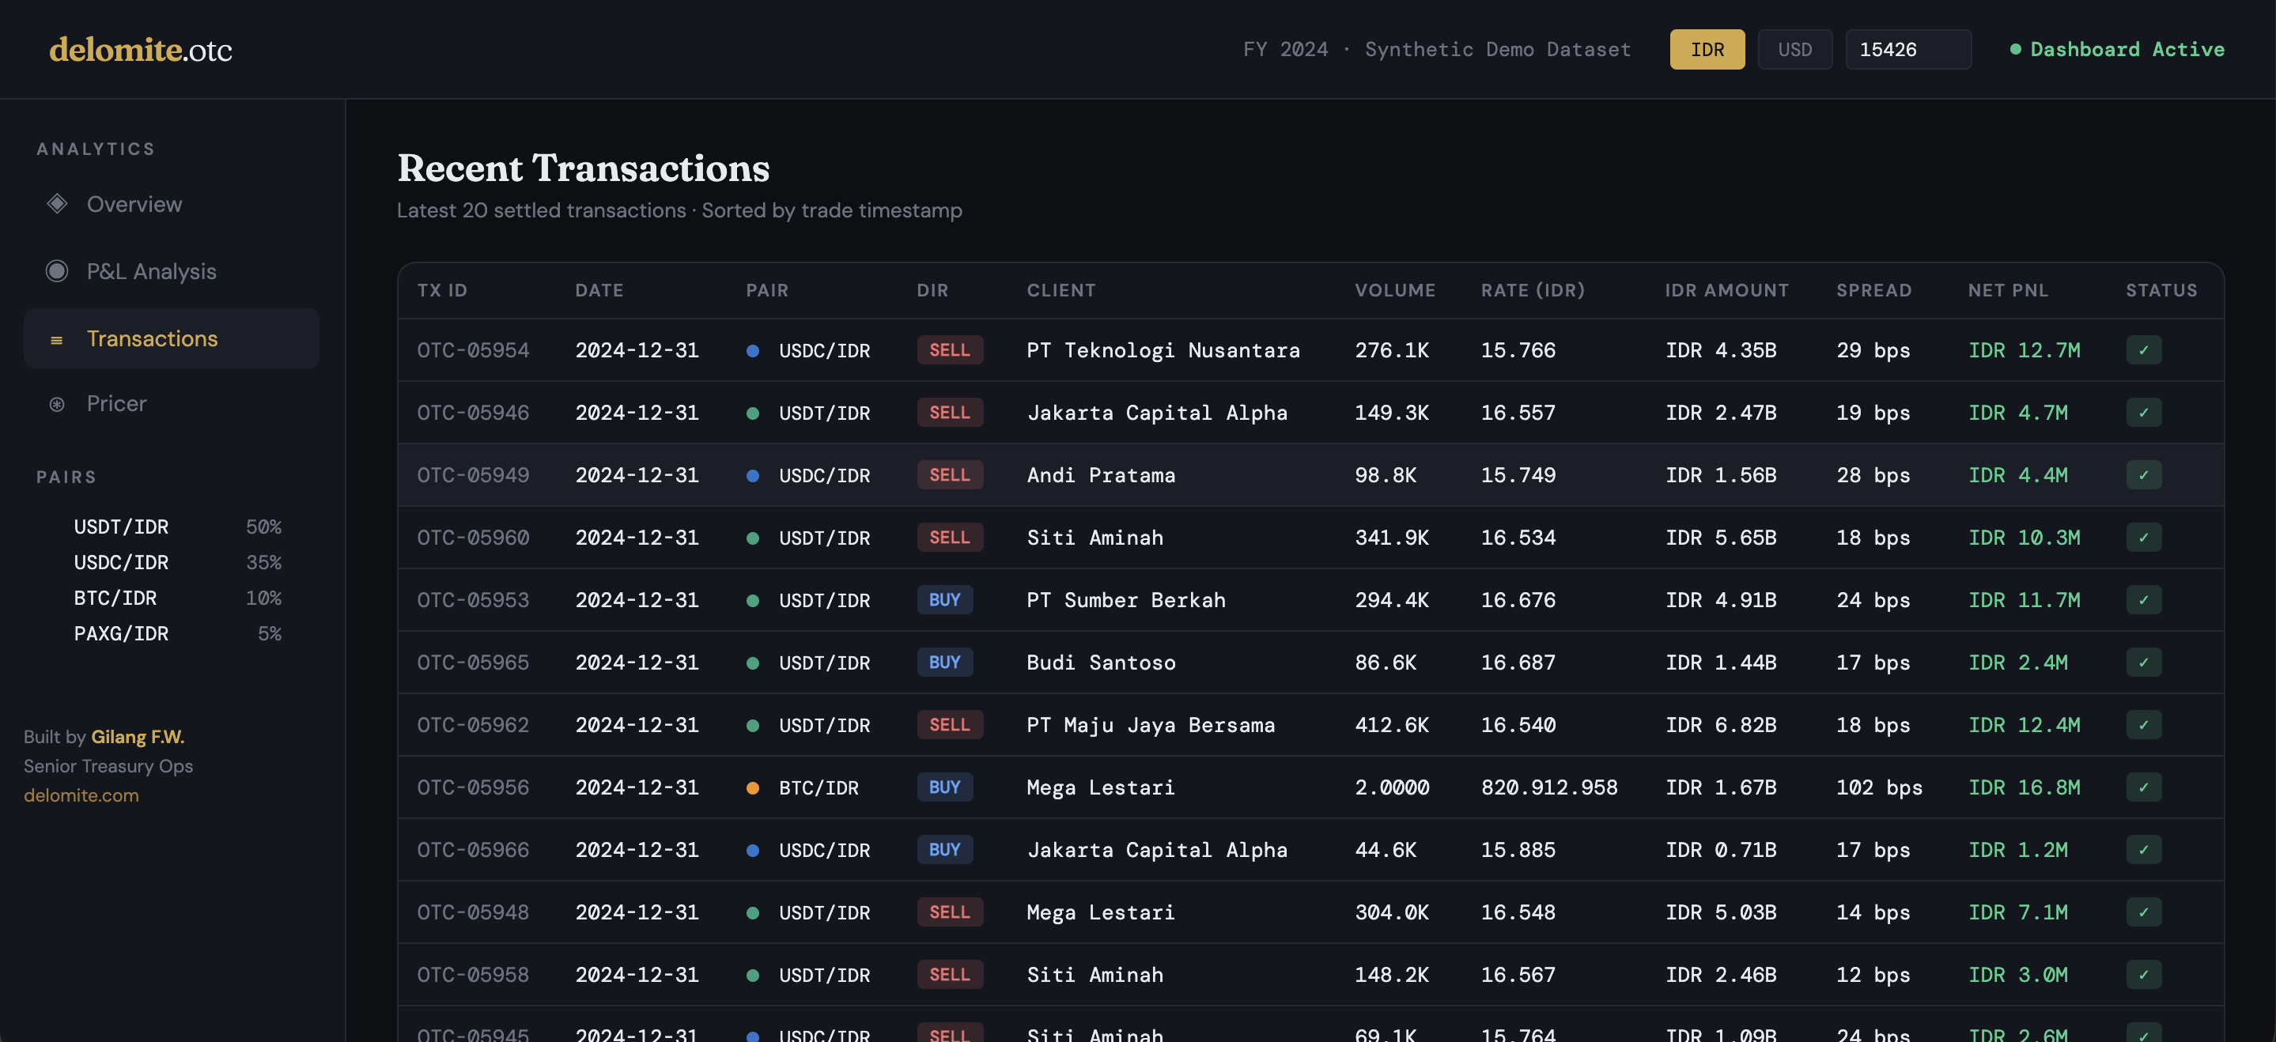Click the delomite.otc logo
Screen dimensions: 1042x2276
[141, 50]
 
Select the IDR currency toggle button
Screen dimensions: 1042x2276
[1706, 50]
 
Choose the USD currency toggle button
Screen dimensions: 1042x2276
[1794, 50]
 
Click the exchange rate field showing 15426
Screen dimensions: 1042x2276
[1907, 50]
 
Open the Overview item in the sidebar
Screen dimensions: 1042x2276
[134, 204]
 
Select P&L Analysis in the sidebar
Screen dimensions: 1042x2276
[151, 271]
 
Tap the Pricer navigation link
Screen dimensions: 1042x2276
[115, 403]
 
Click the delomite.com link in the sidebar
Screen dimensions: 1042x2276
[81, 795]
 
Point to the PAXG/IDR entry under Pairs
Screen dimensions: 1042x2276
[121, 633]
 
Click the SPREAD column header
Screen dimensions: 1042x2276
[1873, 290]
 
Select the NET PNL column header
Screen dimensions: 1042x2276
[2007, 290]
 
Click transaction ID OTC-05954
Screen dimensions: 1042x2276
[473, 349]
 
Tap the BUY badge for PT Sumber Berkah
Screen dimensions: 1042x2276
[943, 599]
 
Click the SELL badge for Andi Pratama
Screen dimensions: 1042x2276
[949, 475]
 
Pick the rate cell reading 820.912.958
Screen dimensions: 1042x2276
[1549, 787]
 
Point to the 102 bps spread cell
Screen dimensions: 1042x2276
[1878, 787]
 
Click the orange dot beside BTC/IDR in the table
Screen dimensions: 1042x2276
[753, 787]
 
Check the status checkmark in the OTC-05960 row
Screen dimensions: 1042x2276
[2142, 537]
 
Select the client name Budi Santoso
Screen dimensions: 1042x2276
[1100, 663]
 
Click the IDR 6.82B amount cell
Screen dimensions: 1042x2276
[1719, 725]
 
